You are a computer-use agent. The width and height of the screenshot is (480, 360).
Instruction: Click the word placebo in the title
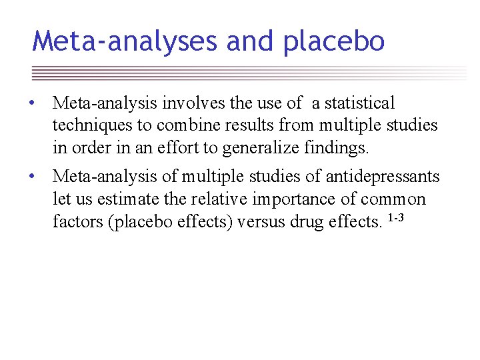point(334,41)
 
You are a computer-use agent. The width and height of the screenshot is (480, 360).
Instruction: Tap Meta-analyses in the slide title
point(125,41)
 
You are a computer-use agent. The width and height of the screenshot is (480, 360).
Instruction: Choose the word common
point(393,199)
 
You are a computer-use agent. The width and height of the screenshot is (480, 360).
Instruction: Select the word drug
point(307,221)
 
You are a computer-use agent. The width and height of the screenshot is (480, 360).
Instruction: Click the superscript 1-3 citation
point(396,216)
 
